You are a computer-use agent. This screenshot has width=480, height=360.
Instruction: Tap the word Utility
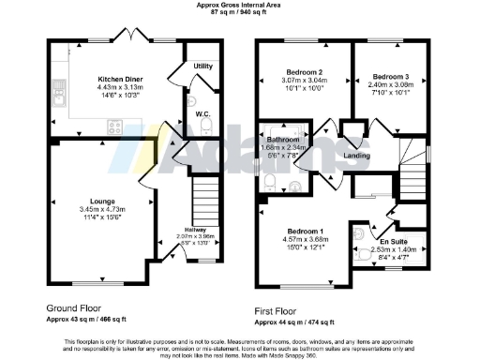tap(202, 67)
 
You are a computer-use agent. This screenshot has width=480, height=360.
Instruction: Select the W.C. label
tap(202, 114)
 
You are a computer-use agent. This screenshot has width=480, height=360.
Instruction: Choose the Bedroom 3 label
tap(388, 76)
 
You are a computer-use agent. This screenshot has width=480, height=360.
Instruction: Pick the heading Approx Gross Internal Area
tap(241, 5)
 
